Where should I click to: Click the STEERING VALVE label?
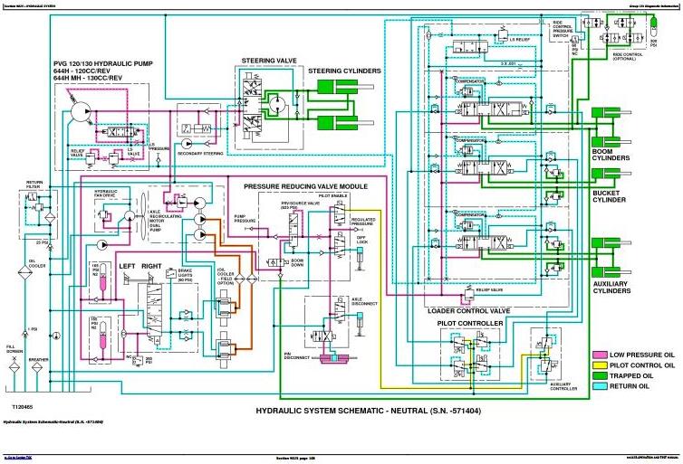pos(264,61)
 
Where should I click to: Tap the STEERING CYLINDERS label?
pos(344,71)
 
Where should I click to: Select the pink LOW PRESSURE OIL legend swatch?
pos(598,354)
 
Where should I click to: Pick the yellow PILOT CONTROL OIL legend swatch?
pos(598,365)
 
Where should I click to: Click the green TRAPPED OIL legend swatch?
pos(598,375)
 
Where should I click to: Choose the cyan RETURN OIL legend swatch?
pos(598,386)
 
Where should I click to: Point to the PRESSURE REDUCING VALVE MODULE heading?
pos(305,185)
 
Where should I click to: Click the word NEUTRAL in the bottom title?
pos(380,411)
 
